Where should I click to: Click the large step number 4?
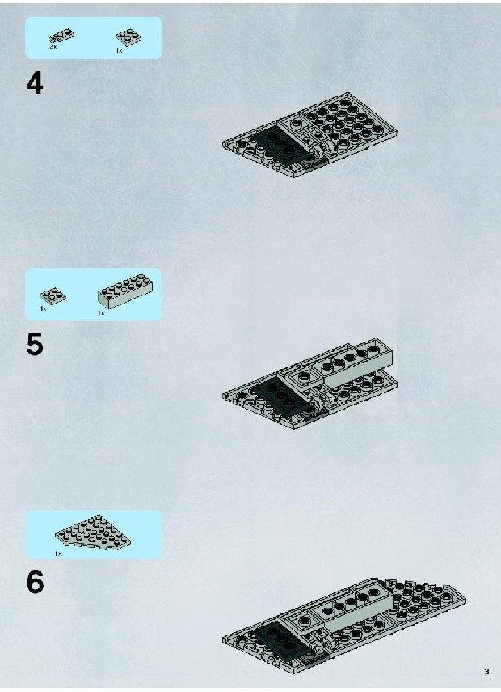point(35,83)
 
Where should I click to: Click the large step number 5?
point(35,345)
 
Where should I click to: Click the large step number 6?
point(35,582)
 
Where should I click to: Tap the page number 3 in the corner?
point(486,672)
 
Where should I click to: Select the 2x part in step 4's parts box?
point(62,36)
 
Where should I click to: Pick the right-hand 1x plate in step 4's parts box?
point(128,37)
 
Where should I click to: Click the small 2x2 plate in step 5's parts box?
point(53,295)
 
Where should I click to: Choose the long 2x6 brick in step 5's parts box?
point(125,291)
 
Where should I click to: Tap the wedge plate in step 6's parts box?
point(93,532)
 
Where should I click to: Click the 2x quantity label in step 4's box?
point(53,46)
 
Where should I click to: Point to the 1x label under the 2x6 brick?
point(101,313)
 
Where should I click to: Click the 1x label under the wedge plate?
point(59,554)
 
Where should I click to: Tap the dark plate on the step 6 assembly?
point(280,638)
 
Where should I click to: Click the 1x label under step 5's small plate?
point(43,308)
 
